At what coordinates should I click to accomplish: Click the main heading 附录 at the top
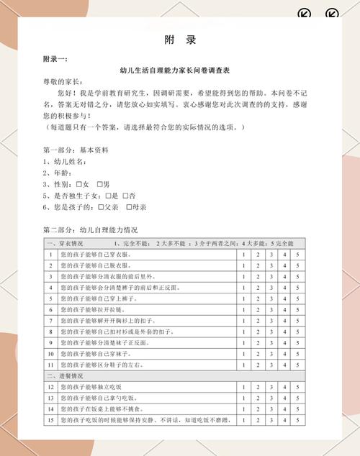[180, 40]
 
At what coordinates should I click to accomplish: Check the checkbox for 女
[78, 185]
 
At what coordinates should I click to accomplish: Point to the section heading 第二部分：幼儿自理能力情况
[90, 231]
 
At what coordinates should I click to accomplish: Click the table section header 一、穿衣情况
[65, 243]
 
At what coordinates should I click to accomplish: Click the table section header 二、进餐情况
[65, 376]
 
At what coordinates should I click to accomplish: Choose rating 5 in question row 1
[297, 255]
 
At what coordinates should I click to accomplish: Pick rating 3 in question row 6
[271, 310]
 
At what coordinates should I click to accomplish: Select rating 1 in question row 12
[243, 387]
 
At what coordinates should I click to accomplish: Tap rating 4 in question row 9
[284, 343]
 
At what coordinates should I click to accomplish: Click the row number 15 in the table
[51, 420]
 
